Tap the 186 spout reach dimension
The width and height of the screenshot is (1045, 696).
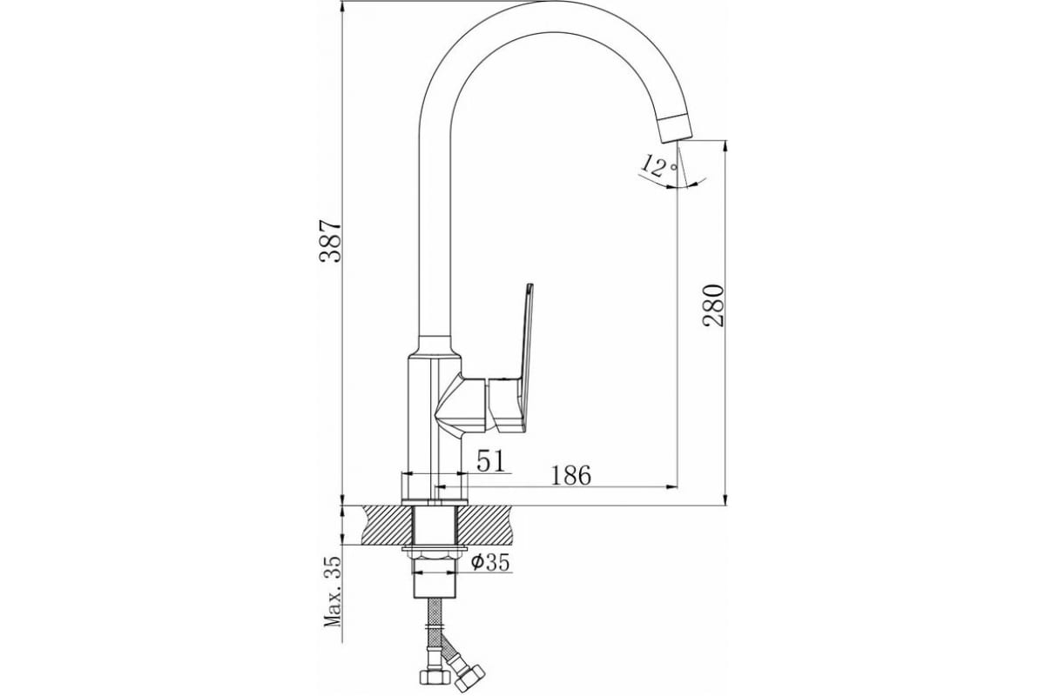click(570, 475)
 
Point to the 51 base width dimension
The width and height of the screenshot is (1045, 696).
click(490, 461)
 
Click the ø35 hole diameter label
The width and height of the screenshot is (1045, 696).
click(489, 563)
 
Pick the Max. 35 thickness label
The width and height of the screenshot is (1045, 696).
click(332, 592)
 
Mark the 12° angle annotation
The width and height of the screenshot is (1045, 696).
click(657, 164)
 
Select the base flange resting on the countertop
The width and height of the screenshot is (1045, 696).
click(434, 486)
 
